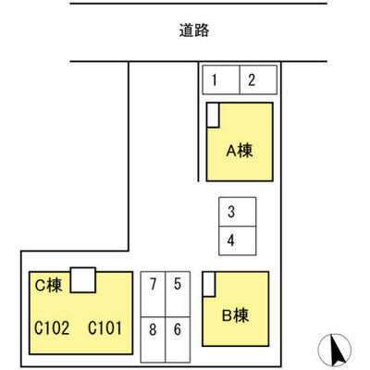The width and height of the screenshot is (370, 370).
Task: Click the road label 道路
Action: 194,31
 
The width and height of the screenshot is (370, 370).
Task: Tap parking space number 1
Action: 221,80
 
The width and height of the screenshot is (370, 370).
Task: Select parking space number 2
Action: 258,80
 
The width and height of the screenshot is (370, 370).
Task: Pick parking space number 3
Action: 238,212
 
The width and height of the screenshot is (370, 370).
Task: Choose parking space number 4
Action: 238,241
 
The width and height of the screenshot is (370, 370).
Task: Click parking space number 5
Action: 178,294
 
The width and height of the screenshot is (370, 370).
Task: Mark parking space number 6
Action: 178,339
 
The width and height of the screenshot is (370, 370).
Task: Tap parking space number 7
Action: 153,294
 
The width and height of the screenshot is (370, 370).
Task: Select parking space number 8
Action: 153,339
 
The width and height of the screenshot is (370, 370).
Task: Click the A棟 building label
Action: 240,151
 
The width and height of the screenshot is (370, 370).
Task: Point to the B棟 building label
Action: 235,315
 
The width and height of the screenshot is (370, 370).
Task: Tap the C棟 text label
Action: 49,285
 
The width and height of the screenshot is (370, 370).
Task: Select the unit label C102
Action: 52,327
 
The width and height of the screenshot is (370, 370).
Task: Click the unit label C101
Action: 105,327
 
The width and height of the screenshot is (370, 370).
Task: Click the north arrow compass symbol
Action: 335,350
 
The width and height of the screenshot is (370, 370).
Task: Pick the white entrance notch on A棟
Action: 213,115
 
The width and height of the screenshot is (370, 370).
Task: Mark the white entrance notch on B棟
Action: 209,284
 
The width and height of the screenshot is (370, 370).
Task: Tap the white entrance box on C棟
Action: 83,280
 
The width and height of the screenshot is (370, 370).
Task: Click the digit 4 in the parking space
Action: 231,240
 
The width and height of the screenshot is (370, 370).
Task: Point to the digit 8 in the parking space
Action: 153,329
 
